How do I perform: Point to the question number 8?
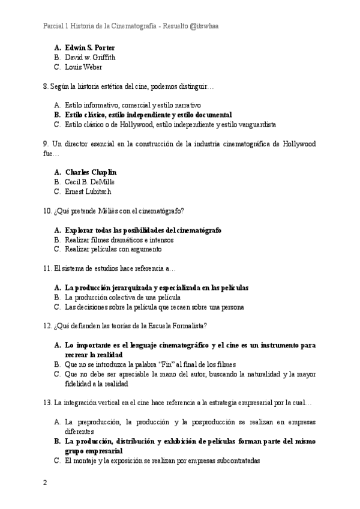46,87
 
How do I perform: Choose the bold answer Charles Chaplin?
91,172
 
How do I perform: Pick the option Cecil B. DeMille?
89,182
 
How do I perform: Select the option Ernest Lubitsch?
88,192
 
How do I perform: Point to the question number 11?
47,269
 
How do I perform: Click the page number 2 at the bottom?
45,483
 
